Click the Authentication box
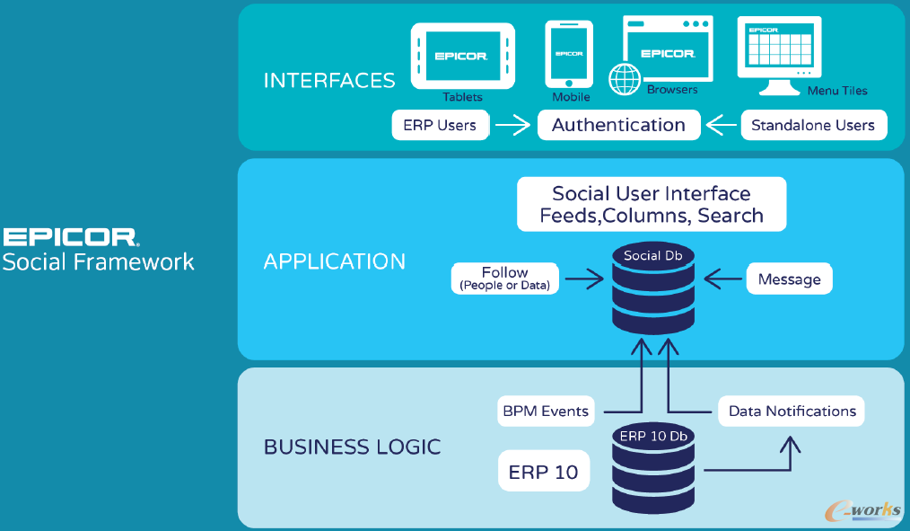(x=618, y=125)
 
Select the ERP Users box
(x=440, y=125)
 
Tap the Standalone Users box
(x=813, y=125)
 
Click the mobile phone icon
(x=569, y=54)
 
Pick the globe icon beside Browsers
(x=624, y=79)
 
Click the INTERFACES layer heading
(x=329, y=80)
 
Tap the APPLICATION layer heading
(x=335, y=261)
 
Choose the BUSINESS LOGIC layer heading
(x=352, y=447)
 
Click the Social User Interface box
(x=652, y=204)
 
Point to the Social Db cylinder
(x=653, y=287)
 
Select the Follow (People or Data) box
(x=505, y=279)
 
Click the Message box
(x=790, y=279)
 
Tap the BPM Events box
(x=546, y=412)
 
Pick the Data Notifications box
(x=792, y=412)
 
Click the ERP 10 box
(x=544, y=472)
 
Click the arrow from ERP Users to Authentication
(x=512, y=125)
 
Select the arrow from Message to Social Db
(x=723, y=279)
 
